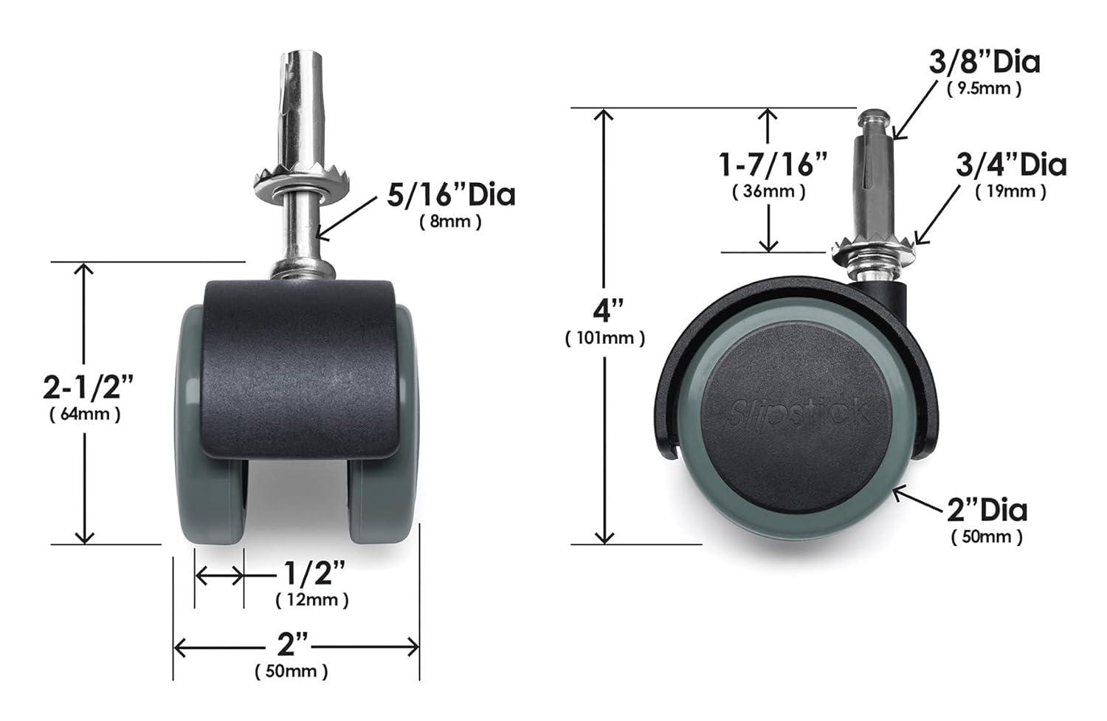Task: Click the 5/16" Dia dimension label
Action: click(x=451, y=195)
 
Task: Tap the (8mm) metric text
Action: click(x=450, y=221)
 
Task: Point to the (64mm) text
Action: click(x=85, y=414)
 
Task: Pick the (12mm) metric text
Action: click(x=312, y=600)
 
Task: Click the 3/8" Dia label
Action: click(x=984, y=62)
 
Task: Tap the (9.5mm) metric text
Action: click(x=984, y=89)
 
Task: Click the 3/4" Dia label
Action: click(x=1011, y=164)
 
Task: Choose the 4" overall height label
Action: click(x=604, y=310)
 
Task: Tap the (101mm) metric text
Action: click(x=605, y=338)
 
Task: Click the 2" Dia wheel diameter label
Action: click(x=987, y=510)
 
